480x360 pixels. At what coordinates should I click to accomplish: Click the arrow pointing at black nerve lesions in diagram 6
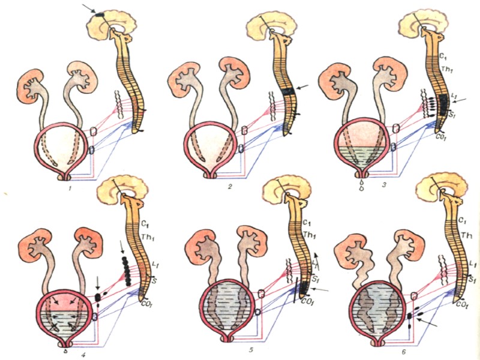click(x=429, y=324)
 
